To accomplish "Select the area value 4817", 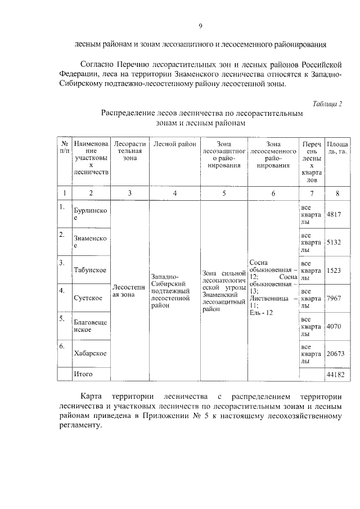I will [x=334, y=215].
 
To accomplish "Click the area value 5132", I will [x=334, y=242].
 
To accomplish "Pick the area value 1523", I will [x=334, y=270].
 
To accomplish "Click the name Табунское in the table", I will [x=90, y=270].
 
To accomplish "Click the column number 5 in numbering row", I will [x=224, y=193].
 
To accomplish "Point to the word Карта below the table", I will [x=91, y=395].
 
